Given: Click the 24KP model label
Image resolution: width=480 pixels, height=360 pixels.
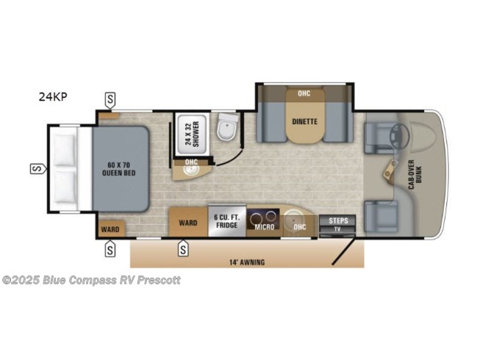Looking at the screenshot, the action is (x=53, y=97).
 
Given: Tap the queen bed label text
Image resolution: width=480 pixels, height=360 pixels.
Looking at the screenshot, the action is (x=119, y=169).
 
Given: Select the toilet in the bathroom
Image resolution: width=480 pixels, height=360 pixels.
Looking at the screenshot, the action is (x=227, y=127).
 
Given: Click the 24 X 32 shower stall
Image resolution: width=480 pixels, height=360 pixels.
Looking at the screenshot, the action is (x=192, y=134).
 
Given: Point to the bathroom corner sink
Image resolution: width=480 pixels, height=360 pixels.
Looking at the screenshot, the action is (x=190, y=170).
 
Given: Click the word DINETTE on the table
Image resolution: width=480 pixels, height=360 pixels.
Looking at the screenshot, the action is (x=304, y=121).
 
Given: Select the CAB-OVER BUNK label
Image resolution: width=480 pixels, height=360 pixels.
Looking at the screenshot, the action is (x=415, y=174).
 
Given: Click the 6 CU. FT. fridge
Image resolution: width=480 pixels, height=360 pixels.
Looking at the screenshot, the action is (x=227, y=221).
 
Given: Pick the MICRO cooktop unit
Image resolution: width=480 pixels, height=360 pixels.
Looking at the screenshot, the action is (x=263, y=219).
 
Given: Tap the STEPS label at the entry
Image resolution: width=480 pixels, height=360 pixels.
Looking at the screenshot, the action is (x=338, y=220).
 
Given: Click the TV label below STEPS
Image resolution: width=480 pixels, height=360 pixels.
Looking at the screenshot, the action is (x=337, y=229).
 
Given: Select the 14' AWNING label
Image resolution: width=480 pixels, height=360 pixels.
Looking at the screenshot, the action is (x=247, y=262).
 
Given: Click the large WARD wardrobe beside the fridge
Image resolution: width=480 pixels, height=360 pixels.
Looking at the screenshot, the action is (x=188, y=222).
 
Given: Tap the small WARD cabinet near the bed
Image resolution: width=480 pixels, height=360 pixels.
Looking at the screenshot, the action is (x=110, y=229).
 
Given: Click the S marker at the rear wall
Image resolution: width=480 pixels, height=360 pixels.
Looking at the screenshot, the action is (x=37, y=168).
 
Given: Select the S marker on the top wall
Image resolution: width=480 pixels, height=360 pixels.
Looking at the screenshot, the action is (x=110, y=100).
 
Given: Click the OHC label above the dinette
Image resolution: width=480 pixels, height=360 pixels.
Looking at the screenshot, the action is (x=304, y=93).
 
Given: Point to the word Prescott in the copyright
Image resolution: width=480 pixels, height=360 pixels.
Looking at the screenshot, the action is (x=159, y=280).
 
